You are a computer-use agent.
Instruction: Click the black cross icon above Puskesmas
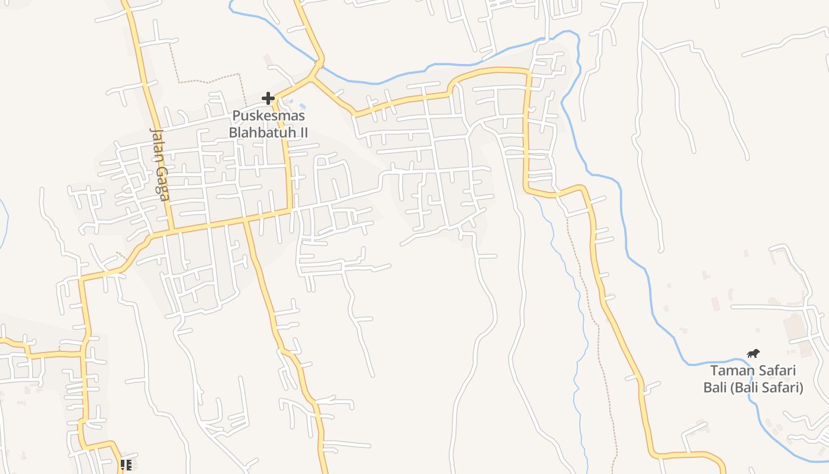[268, 98]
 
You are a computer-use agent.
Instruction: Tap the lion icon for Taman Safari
[753, 354]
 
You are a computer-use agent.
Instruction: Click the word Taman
[731, 371]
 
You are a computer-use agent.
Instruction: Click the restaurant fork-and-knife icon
[126, 465]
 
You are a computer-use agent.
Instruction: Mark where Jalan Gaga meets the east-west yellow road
[172, 230]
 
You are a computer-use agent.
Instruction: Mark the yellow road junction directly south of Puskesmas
[291, 210]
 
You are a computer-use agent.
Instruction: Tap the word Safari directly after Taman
[776, 371]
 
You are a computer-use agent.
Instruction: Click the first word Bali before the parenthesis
[715, 388]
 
